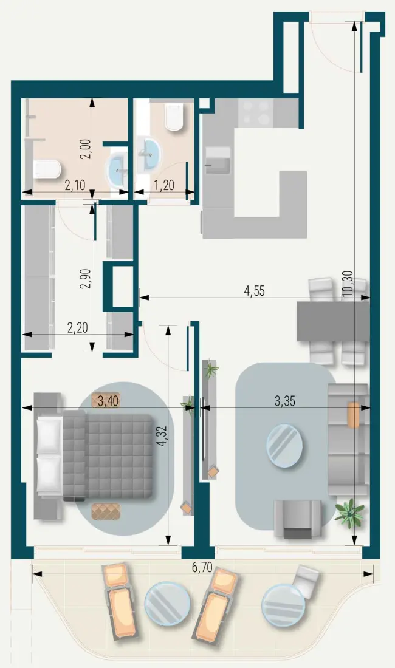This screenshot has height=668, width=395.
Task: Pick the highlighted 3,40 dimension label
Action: [106, 400]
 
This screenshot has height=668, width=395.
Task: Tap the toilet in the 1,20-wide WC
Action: [174, 118]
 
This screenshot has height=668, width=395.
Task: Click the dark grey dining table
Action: [333, 321]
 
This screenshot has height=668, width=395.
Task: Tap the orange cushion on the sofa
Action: [353, 415]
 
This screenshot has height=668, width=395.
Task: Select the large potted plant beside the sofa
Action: [349, 513]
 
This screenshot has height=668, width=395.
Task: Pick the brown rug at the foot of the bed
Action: [106, 511]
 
